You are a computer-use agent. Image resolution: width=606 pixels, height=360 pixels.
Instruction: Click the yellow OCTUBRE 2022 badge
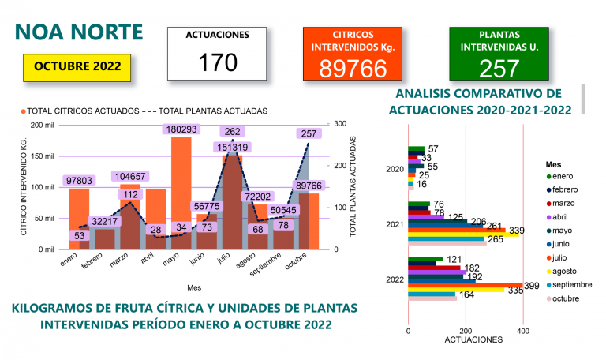tap(77, 68)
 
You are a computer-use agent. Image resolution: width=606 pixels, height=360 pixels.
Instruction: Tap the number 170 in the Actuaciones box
tap(218, 62)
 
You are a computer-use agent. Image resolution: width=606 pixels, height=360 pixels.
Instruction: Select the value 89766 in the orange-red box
tap(353, 69)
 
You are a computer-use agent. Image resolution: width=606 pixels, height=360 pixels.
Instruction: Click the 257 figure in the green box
tap(499, 69)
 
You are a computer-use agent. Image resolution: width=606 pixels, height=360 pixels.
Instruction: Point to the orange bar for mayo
tap(181, 193)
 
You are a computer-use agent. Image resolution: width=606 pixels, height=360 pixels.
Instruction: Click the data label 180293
tap(181, 129)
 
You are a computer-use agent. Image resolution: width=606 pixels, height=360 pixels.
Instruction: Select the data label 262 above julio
tap(232, 132)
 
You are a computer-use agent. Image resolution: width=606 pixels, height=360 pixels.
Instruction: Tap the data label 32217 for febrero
tap(105, 221)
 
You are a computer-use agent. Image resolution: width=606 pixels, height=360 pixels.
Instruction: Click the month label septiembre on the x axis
tap(265, 264)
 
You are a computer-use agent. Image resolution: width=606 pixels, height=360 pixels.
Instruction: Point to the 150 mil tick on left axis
tap(44, 156)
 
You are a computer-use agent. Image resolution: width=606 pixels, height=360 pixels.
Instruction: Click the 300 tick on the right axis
tap(340, 124)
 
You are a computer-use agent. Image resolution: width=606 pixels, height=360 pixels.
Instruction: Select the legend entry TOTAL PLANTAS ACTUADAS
tap(213, 111)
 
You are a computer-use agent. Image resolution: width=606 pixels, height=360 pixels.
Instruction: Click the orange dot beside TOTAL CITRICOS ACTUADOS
tap(24, 111)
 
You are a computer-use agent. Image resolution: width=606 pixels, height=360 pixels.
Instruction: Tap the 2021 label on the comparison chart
tap(395, 224)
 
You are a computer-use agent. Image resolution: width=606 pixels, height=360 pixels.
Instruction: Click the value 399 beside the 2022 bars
tap(532, 286)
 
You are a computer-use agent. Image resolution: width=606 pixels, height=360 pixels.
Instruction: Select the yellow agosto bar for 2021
tap(464, 234)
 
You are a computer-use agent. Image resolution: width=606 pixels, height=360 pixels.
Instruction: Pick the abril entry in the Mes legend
tap(560, 217)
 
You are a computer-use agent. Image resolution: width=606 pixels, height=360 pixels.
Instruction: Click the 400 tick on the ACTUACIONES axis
tap(523, 331)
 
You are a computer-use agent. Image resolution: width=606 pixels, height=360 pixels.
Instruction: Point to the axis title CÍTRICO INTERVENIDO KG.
tap(24, 186)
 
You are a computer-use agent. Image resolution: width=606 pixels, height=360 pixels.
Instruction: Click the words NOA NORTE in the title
tap(79, 32)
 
